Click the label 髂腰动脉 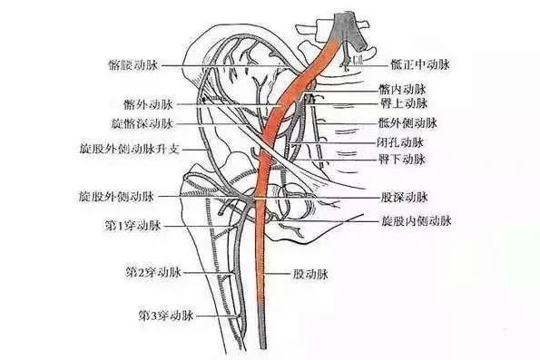pos(133,66)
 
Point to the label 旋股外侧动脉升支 pos(125,144)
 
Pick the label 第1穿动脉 pos(133,224)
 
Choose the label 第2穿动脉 pos(151,270)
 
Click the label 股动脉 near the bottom pos(309,270)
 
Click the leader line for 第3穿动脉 pos(218,316)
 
